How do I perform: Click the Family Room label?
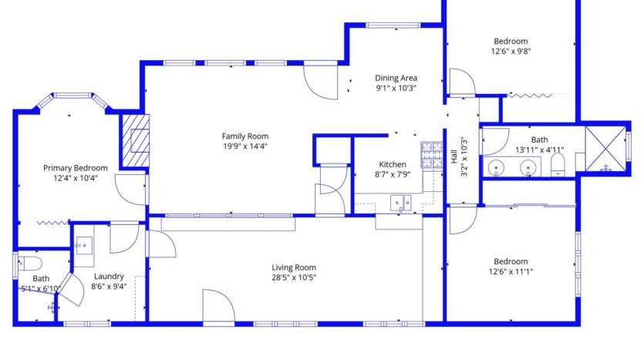[245, 136]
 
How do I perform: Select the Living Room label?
[294, 267]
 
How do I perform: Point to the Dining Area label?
[396, 78]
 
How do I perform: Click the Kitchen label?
[392, 164]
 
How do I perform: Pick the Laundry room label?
[108, 276]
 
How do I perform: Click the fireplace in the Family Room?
[135, 140]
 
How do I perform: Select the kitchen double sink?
[400, 204]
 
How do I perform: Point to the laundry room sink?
[84, 245]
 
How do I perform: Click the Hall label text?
[453, 156]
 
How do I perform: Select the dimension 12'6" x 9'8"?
[511, 52]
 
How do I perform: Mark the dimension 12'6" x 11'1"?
[511, 271]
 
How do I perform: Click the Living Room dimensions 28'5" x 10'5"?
[294, 278]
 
